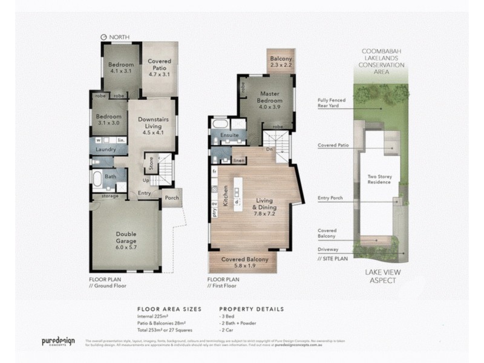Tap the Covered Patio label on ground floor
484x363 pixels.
click(160, 65)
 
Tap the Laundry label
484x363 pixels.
click(105, 149)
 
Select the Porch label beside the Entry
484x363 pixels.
click(172, 197)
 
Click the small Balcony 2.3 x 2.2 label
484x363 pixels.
click(280, 60)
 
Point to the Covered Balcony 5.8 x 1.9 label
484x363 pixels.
click(241, 263)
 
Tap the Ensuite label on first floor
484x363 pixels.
click(229, 136)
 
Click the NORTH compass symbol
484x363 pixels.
click(104, 36)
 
